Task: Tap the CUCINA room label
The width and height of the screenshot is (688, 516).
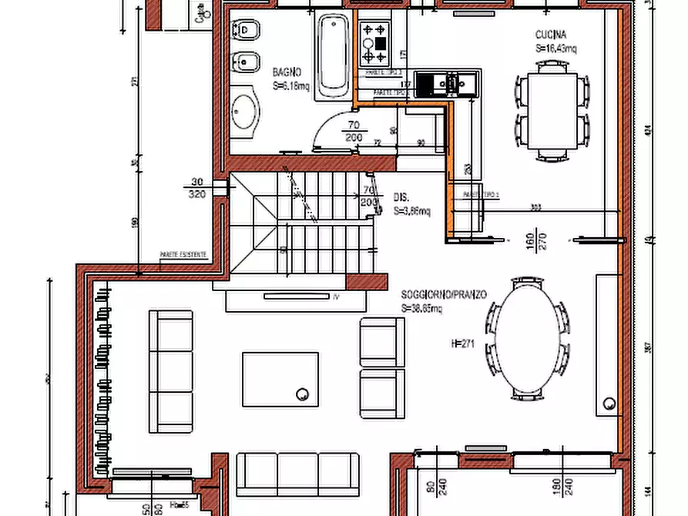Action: point(551,35)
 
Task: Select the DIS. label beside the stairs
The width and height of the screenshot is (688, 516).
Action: point(401,197)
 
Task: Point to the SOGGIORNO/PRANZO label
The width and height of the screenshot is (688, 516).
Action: point(443,295)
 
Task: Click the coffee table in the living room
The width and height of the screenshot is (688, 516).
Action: point(280,379)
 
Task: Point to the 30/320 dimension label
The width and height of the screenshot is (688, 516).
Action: point(196,189)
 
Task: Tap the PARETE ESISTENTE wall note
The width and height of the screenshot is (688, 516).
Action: point(183,253)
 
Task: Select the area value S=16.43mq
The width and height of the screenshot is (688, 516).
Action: point(556,48)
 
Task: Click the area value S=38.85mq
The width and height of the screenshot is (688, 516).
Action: point(421,308)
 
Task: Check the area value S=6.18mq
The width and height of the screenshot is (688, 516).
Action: point(290,86)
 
